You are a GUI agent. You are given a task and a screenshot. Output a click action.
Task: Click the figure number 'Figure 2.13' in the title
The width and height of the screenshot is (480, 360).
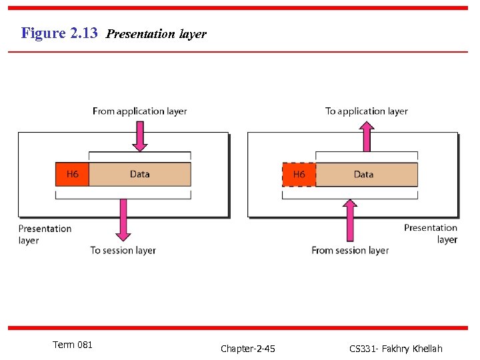point(59,33)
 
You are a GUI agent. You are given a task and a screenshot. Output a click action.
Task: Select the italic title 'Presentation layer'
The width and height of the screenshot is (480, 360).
point(156,34)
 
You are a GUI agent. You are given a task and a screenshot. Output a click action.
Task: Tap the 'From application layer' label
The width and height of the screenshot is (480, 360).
point(139,111)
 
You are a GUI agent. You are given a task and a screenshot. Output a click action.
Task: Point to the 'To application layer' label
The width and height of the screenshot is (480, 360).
point(366,111)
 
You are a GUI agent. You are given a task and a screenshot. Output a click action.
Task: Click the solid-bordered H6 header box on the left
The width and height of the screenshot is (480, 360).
point(72,174)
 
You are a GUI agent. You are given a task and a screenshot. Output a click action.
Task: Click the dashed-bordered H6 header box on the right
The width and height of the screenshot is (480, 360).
point(299,174)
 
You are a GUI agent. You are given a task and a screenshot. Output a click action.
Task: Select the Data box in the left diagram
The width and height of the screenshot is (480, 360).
point(139,174)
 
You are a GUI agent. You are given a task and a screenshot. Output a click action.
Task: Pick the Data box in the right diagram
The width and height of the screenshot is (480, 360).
point(366,174)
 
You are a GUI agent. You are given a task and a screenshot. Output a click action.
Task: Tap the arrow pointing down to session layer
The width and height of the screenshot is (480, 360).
point(123,220)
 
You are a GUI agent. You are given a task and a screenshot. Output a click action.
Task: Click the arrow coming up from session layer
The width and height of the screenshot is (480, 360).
point(350,220)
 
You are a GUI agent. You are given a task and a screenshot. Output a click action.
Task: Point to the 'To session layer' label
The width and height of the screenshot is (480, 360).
point(123,251)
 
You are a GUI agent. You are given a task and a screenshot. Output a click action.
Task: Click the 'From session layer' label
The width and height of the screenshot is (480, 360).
point(350,251)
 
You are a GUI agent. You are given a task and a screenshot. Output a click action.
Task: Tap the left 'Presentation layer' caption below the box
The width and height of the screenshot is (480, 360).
point(45,234)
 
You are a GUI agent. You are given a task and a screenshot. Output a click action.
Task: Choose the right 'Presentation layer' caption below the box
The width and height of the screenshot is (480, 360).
point(431,233)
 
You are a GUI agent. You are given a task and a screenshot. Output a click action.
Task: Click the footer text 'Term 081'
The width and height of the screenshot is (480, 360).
point(73,345)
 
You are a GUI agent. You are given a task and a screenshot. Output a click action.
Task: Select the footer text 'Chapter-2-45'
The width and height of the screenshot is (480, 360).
point(248,349)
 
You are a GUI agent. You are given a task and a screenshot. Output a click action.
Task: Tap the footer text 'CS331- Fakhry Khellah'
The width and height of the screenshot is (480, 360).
point(395,349)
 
